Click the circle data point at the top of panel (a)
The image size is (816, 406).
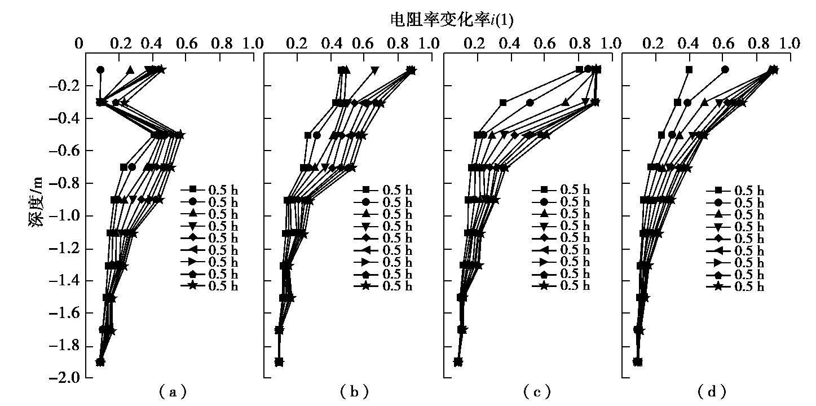(x=100, y=70)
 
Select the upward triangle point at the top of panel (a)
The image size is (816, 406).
(x=130, y=70)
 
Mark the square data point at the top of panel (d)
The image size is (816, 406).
(x=689, y=69)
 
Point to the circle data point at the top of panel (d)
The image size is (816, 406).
(x=725, y=69)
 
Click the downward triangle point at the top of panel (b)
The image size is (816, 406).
(x=375, y=70)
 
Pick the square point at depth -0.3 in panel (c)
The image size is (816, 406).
(x=503, y=103)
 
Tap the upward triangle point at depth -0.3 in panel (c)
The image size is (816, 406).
(x=565, y=103)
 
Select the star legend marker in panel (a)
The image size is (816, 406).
(x=192, y=286)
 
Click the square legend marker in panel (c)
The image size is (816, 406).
(x=544, y=189)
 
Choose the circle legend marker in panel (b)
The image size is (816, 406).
(x=366, y=202)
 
